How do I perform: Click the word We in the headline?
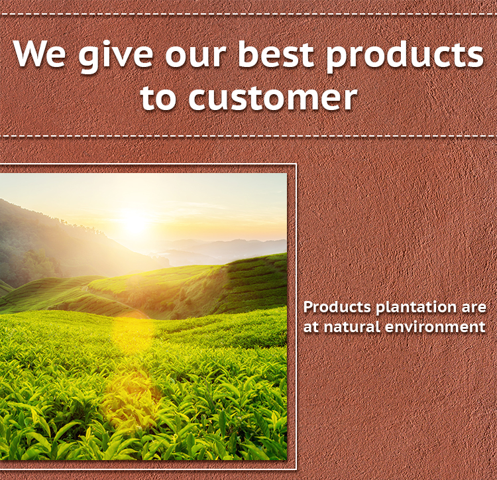tap(40, 53)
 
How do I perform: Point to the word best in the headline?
tap(276, 53)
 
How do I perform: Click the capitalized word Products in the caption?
tap(337, 307)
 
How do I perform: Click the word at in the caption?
tap(311, 327)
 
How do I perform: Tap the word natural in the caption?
tap(352, 326)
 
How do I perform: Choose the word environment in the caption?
tap(435, 326)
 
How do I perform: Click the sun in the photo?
tap(135, 223)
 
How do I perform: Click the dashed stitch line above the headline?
tap(248, 14)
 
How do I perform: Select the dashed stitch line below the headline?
tap(248, 136)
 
